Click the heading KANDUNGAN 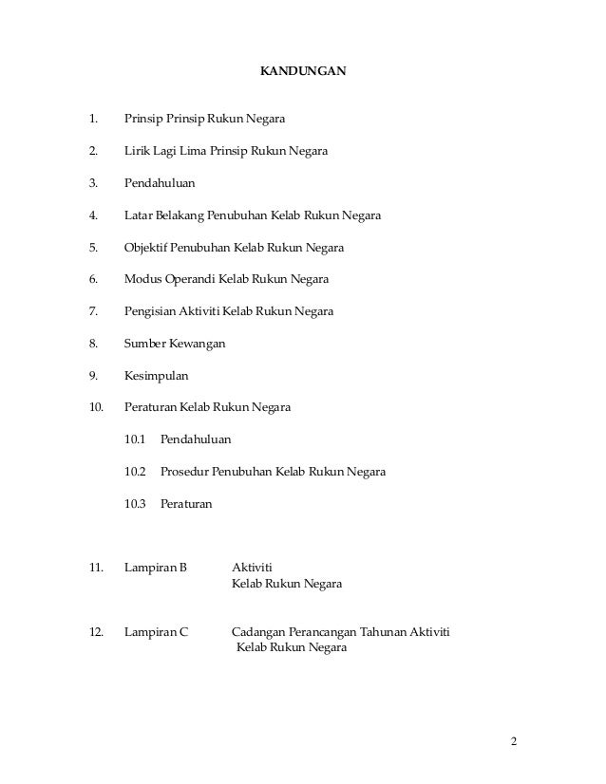303,71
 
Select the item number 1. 92,120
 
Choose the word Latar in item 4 139,215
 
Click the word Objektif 147,248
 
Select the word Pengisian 150,312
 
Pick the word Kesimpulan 157,376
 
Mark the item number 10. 94,408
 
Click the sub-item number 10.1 135,440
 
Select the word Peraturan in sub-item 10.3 187,504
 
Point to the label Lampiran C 156,632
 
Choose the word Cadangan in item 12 258,632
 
